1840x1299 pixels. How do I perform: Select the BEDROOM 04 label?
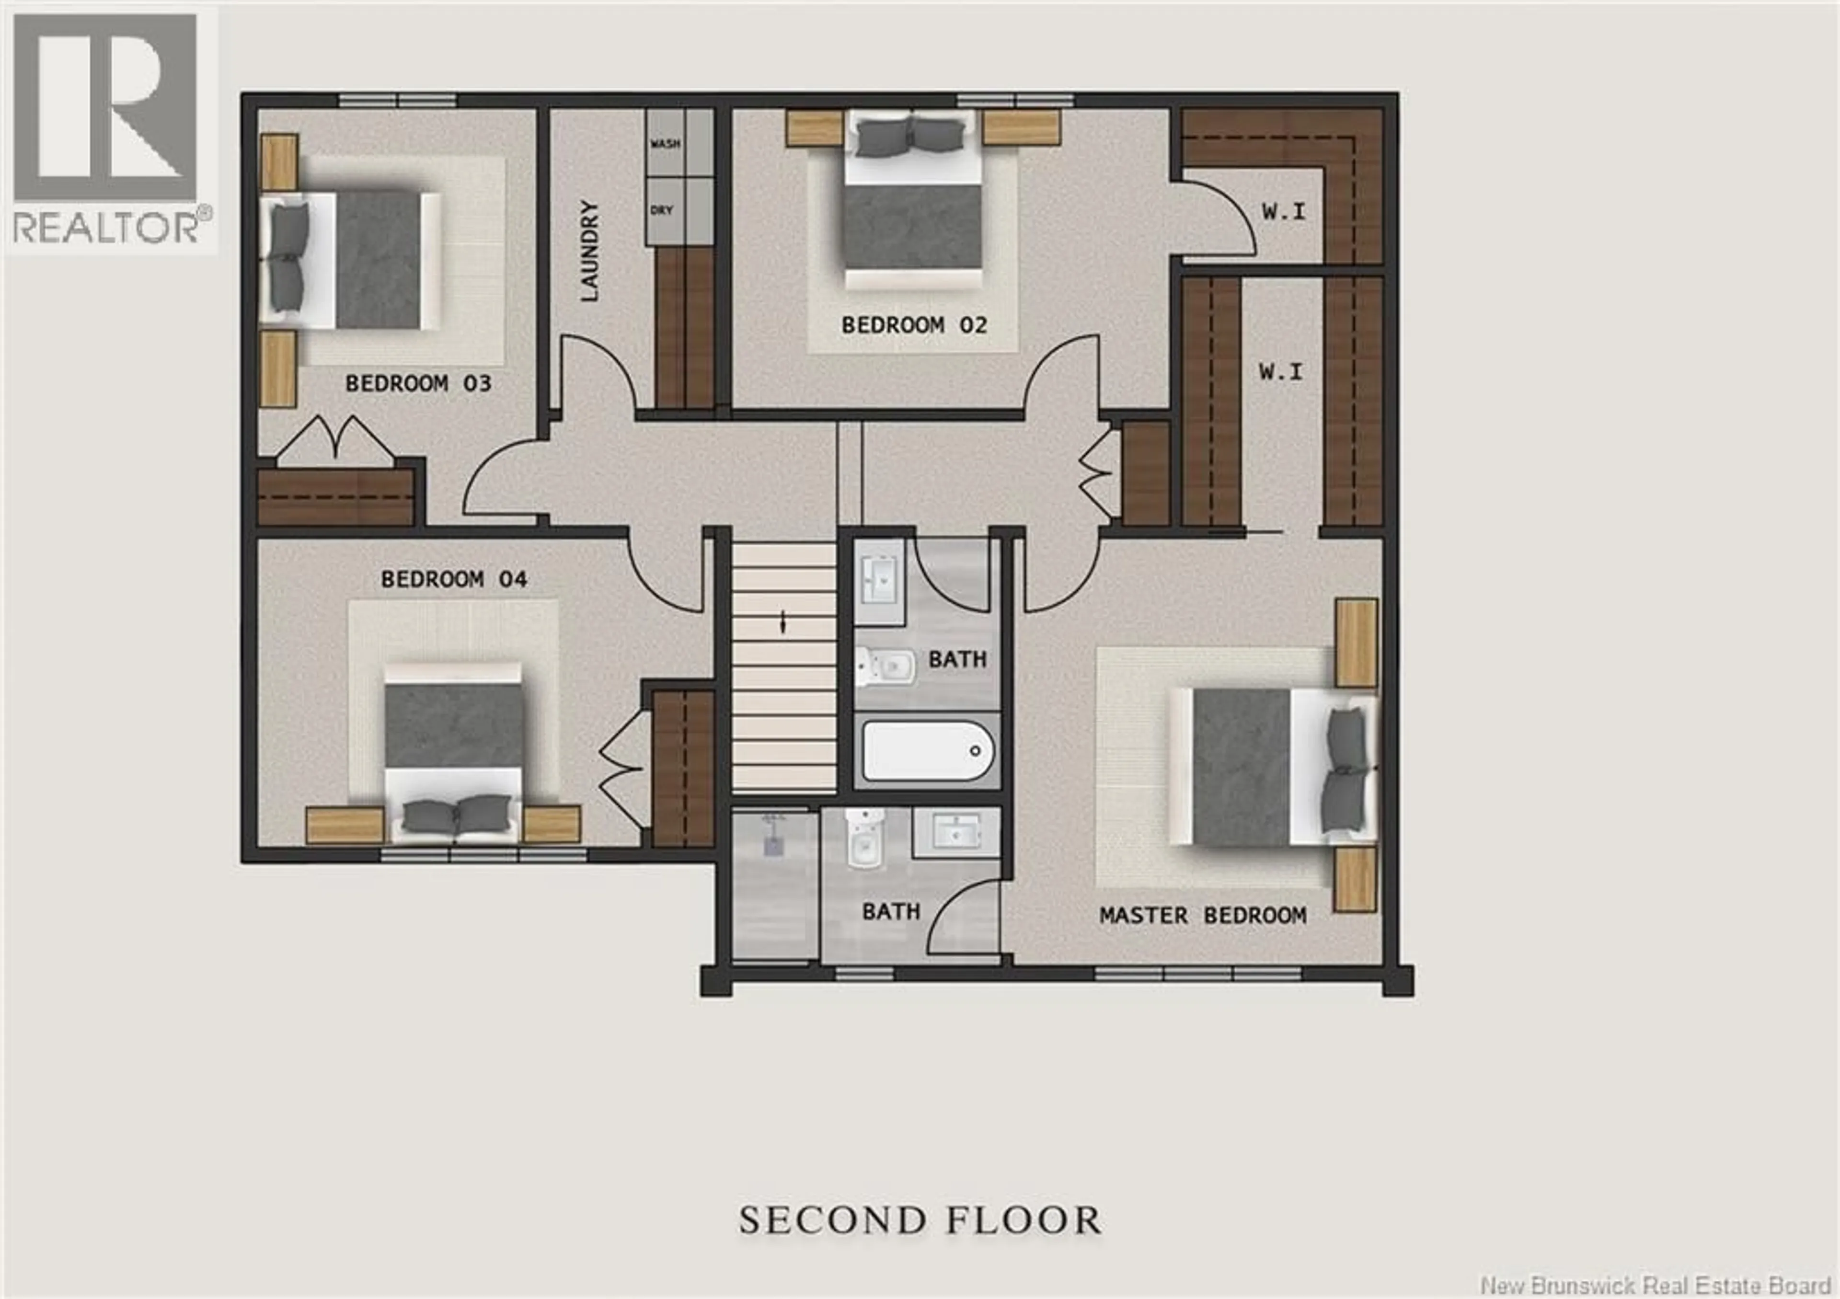[x=454, y=578]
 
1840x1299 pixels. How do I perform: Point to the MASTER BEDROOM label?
[x=1202, y=915]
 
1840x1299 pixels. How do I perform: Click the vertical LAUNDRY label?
[x=590, y=251]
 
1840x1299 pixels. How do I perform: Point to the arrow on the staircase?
[x=784, y=622]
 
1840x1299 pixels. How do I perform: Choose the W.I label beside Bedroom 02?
[x=1283, y=212]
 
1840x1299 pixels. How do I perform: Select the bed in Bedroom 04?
[x=454, y=749]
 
